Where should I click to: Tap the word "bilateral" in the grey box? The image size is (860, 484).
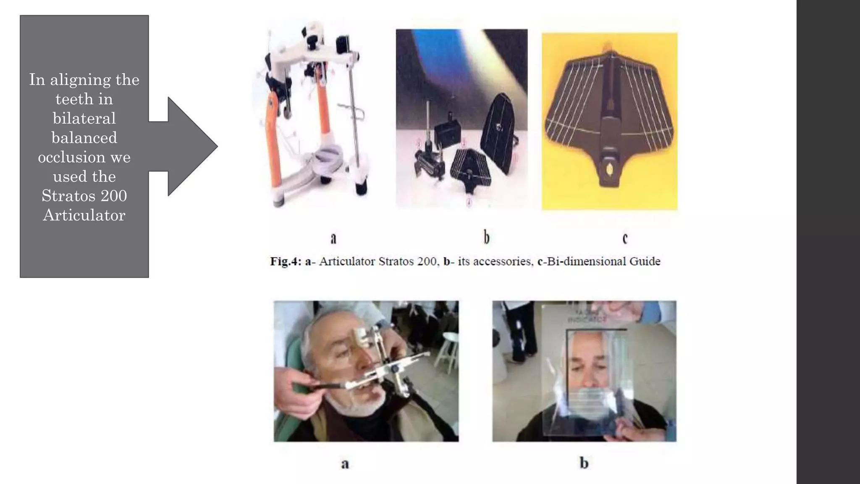[84, 118]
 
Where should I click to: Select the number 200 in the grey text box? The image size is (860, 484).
[114, 196]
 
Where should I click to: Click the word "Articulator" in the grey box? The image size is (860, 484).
[84, 215]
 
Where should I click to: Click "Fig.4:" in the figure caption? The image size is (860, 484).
[286, 261]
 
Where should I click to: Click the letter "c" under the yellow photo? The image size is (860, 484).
[625, 238]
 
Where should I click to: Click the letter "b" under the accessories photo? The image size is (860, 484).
[486, 237]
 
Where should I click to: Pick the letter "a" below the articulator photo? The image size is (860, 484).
[333, 238]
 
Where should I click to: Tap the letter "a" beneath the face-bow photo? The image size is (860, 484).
[345, 464]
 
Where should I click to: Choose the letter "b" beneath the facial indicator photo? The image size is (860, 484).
[584, 463]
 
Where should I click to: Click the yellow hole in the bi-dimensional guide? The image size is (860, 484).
[609, 169]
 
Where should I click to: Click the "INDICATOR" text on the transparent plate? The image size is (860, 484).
[587, 320]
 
